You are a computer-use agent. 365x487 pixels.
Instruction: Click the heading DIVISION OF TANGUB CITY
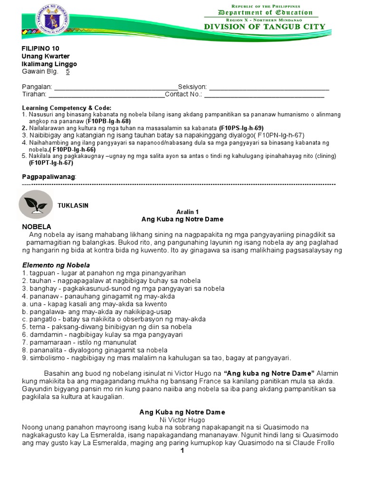[265, 27]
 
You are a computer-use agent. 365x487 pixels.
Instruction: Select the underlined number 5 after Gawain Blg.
[68, 72]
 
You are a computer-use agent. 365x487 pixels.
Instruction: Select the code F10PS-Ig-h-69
[241, 128]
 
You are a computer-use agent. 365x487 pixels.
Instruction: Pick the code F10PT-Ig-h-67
[51, 163]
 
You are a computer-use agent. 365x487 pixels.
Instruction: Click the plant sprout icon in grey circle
[35, 205]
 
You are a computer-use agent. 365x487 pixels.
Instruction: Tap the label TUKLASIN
[73, 205]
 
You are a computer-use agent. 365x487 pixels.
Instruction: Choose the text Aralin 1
[182, 212]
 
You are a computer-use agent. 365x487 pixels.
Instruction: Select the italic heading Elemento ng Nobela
[56, 265]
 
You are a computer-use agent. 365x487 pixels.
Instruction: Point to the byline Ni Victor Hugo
[182, 420]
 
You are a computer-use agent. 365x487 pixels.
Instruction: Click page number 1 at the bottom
[182, 451]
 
